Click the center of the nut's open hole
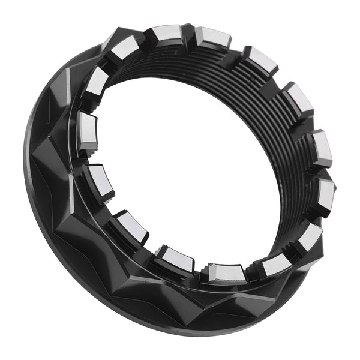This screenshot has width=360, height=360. [186, 162]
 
